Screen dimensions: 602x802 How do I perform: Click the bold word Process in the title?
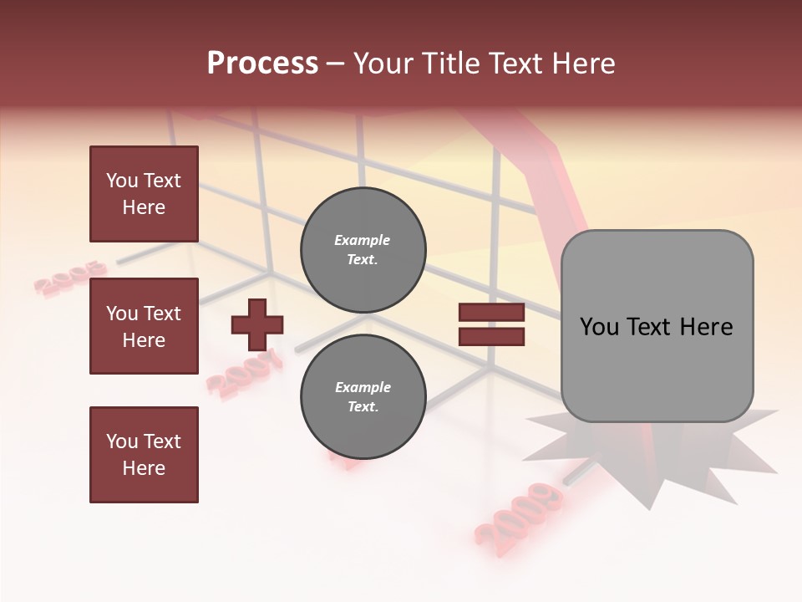262,64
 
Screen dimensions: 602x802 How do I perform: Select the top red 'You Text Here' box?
144,194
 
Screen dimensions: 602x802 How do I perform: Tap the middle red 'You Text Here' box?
144,326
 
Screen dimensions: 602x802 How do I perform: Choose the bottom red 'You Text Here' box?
144,455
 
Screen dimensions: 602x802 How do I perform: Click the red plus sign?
257,324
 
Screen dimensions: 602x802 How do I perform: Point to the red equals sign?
491,324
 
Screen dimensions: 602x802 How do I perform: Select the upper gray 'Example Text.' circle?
363,249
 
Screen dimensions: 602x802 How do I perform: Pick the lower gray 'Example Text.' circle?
363,396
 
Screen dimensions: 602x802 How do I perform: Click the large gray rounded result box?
657,326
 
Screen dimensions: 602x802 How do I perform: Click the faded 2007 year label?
244,374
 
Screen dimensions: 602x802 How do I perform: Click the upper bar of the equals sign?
491,313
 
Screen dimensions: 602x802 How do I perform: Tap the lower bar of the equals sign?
491,337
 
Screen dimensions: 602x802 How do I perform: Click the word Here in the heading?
584,64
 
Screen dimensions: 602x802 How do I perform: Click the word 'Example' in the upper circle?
363,240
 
